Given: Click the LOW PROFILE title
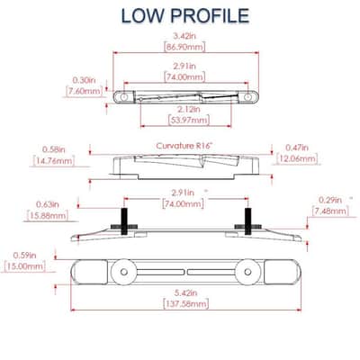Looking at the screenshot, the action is tap(185, 16).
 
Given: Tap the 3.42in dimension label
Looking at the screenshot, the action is tap(184, 36).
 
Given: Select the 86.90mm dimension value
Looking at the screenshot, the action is tap(184, 47).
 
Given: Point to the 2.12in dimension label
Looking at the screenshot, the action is tap(184, 109).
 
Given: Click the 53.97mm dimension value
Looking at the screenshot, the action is tap(189, 121).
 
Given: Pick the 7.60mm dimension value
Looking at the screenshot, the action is tap(85, 91).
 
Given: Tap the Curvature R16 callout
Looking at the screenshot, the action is tap(184, 146).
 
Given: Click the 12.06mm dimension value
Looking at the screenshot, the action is tap(297, 158).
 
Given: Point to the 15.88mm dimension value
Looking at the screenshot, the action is tap(48, 216).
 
